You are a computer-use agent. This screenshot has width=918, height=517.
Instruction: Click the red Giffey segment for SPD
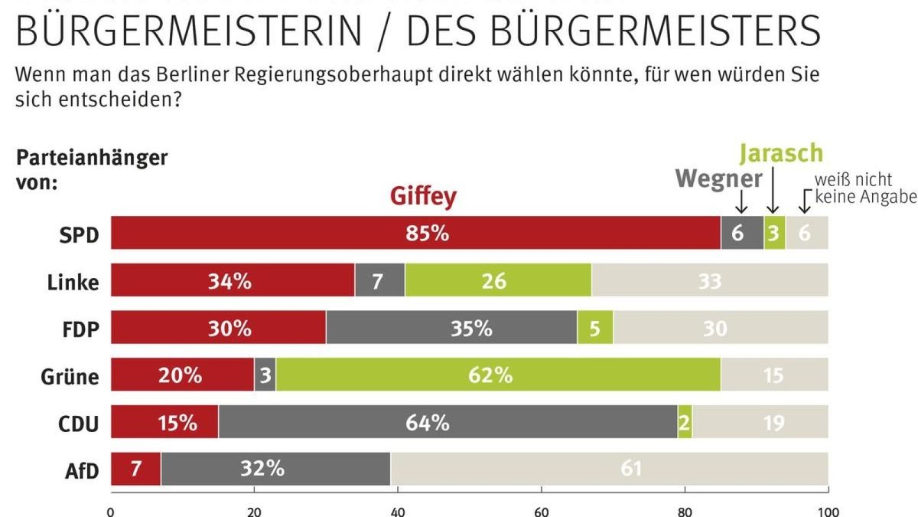click(415, 233)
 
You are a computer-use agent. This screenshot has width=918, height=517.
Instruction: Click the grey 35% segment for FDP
click(451, 328)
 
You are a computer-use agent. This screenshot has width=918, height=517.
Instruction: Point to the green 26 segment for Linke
click(498, 280)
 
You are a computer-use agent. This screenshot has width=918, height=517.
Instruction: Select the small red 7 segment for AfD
click(135, 469)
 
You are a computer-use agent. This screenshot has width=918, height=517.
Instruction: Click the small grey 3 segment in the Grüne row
click(265, 375)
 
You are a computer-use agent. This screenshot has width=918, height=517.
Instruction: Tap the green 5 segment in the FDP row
click(595, 328)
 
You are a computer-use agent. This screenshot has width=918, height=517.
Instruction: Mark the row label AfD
click(82, 470)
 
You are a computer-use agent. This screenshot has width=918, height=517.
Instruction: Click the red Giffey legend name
click(423, 197)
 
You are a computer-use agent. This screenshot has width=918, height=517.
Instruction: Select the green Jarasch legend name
click(780, 153)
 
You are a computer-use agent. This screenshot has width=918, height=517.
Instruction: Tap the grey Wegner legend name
click(719, 179)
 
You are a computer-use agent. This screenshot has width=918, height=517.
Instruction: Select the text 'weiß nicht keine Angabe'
click(864, 188)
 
